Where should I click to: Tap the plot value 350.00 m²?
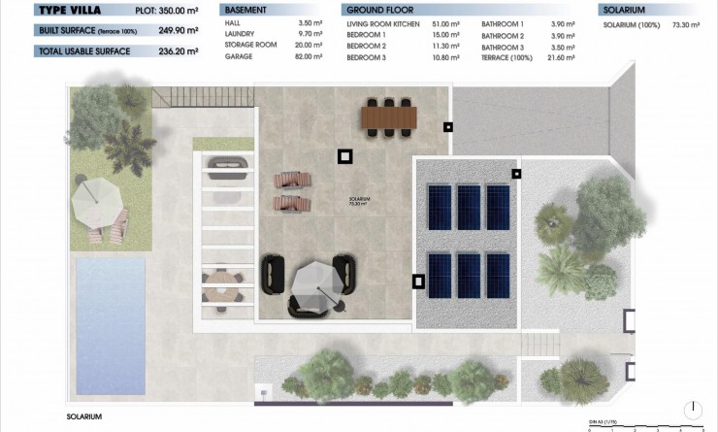click(x=176, y=11)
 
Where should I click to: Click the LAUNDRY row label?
click(x=239, y=33)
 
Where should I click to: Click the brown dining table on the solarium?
click(x=388, y=116)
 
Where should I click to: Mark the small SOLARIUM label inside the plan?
click(x=359, y=201)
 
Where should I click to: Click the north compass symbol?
click(x=693, y=410)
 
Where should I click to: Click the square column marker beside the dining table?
click(x=447, y=127)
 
